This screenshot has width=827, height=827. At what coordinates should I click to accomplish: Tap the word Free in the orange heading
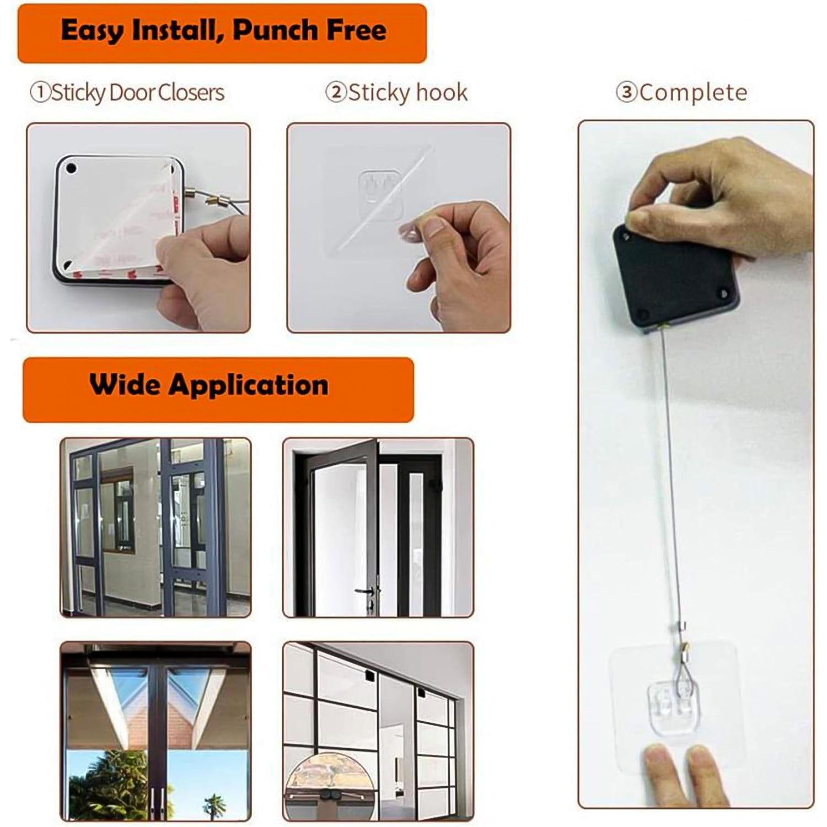coord(356,30)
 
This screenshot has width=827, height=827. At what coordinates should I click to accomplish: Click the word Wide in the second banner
coord(125,384)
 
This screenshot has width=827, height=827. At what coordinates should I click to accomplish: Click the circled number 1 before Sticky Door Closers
coord(40,93)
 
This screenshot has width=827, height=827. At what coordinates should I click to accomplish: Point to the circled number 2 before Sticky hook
coord(336,92)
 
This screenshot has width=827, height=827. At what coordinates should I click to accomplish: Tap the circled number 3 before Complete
coord(626,92)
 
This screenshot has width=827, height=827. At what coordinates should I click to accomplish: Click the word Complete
coord(694,92)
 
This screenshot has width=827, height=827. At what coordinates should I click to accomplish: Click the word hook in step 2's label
coord(441,92)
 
